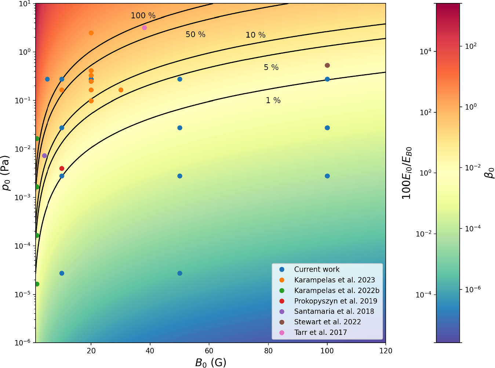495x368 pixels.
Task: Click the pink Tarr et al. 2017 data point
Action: tap(145, 28)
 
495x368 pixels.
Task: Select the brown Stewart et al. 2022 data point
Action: tap(327, 65)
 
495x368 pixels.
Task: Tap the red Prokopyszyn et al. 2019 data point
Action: tap(62, 169)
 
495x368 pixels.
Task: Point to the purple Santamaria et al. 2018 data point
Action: tap(44, 156)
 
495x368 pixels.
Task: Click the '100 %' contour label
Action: tap(143, 16)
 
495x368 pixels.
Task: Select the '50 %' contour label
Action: tap(195, 35)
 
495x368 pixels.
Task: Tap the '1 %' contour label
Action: tap(273, 100)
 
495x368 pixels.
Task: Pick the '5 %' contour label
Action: tap(271, 68)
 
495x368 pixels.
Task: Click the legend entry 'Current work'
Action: tap(317, 269)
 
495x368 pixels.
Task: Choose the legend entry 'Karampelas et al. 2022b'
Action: tap(336, 291)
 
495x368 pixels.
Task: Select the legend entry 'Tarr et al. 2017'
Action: tap(320, 332)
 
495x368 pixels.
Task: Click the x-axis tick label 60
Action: tap(209, 351)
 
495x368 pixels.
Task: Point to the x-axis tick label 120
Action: tap(386, 351)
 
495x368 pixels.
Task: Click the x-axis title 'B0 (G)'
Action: tap(211, 362)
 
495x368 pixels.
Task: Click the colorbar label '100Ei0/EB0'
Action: tap(407, 173)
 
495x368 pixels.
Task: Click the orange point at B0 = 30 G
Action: tap(121, 90)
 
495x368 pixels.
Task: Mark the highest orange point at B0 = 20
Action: tap(91, 33)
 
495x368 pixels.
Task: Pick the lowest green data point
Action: tap(37, 284)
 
